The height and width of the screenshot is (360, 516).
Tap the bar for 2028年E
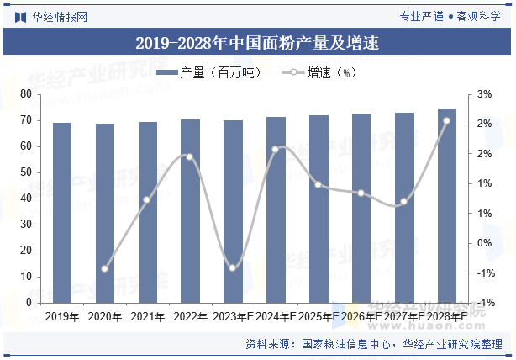tap(447, 205)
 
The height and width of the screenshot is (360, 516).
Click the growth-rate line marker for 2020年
tap(105, 269)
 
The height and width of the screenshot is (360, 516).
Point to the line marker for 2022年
tap(190, 156)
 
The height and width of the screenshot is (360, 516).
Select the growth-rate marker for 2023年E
tap(233, 267)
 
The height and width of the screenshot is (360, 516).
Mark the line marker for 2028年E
tap(446, 121)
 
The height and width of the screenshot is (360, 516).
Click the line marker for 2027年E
tap(403, 202)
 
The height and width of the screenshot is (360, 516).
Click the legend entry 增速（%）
tap(320, 73)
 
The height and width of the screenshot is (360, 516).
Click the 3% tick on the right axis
tap(484, 94)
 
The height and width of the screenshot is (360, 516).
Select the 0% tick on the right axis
tap(484, 243)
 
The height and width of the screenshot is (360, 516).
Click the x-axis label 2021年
tap(148, 317)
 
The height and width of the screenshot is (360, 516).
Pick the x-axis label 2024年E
tap(276, 317)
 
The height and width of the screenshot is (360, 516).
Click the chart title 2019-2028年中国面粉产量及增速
tap(257, 43)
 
